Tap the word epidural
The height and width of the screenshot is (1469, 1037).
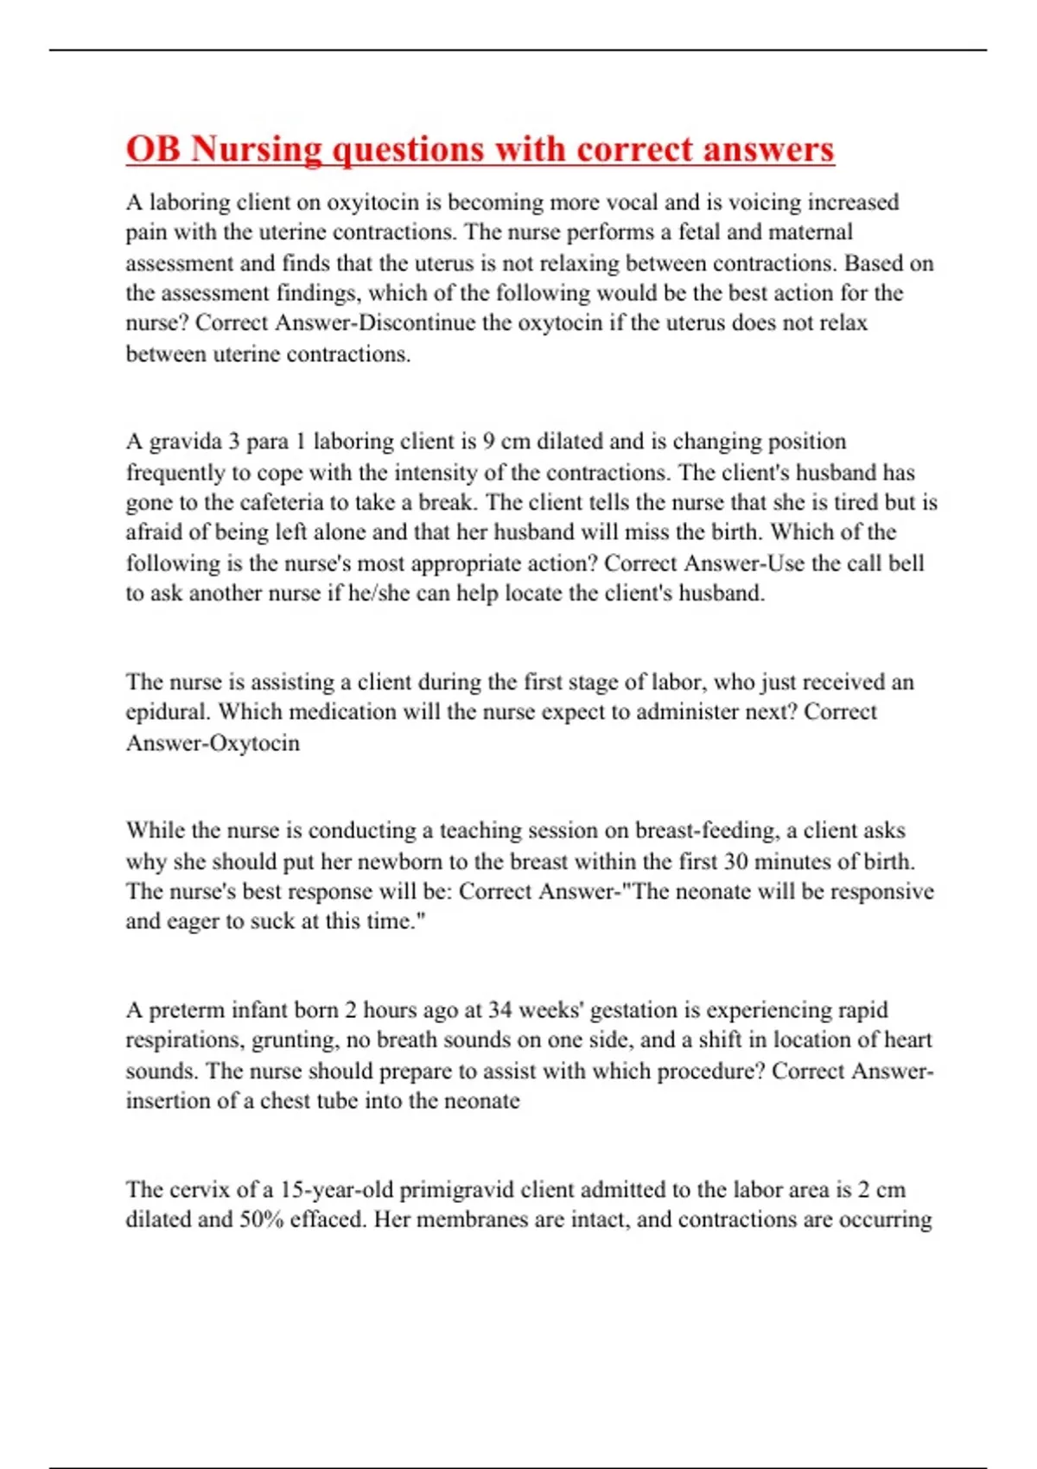point(168,712)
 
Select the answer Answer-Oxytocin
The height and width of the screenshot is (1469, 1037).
point(213,743)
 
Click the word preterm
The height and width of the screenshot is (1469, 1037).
point(187,1010)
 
